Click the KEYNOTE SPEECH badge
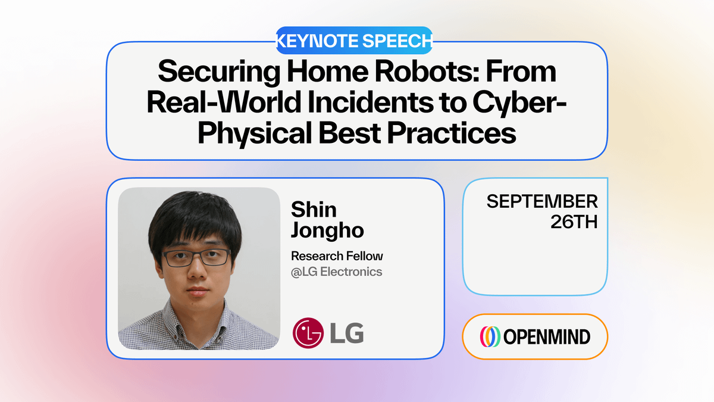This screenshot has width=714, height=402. coord(354,40)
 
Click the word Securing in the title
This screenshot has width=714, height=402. coord(219,73)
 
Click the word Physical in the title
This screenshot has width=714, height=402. coord(255,133)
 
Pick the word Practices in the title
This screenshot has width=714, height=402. coord(452,132)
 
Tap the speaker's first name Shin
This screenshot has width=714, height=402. coord(314,210)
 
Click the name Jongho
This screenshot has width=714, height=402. coord(327,230)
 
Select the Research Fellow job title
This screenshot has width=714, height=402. coord(337,256)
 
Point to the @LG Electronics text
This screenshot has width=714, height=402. coord(336,272)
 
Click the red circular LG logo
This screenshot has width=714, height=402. coord(308,333)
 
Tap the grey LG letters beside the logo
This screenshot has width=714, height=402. coord(347,333)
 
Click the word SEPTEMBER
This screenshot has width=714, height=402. coord(542,201)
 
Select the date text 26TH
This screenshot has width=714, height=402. coord(574,222)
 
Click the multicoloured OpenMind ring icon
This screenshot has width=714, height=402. coord(490,336)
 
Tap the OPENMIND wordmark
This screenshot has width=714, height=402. coord(547,337)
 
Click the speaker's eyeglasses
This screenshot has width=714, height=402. coord(197,258)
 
